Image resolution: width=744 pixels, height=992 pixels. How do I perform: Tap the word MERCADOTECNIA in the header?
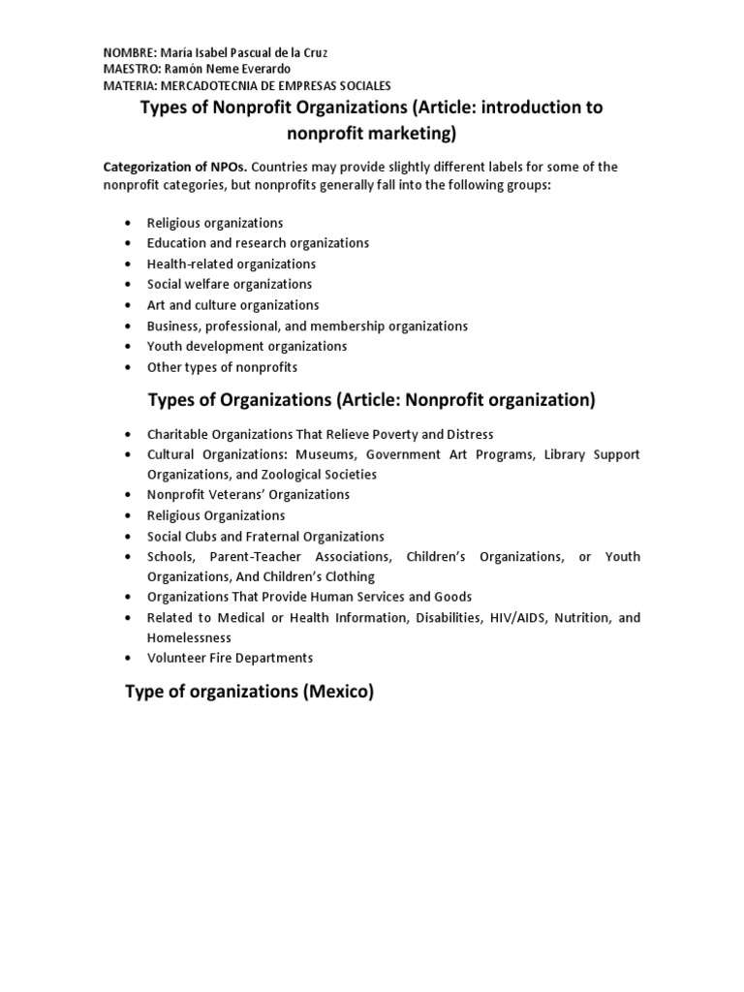point(208,86)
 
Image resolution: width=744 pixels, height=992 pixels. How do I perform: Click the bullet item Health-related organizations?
point(232,263)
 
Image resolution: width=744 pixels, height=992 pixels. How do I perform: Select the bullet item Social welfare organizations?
point(230,284)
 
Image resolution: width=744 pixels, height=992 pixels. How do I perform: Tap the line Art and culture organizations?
point(232,305)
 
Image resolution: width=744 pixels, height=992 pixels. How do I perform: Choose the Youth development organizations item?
point(247,346)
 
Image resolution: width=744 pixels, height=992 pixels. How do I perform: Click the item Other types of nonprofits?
point(222,367)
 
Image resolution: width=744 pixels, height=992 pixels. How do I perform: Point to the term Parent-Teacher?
point(258,557)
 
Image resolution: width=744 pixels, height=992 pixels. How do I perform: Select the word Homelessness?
point(189,637)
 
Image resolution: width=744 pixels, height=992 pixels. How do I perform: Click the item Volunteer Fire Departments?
point(230,658)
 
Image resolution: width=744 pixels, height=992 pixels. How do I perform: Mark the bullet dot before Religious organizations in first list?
point(129,224)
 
